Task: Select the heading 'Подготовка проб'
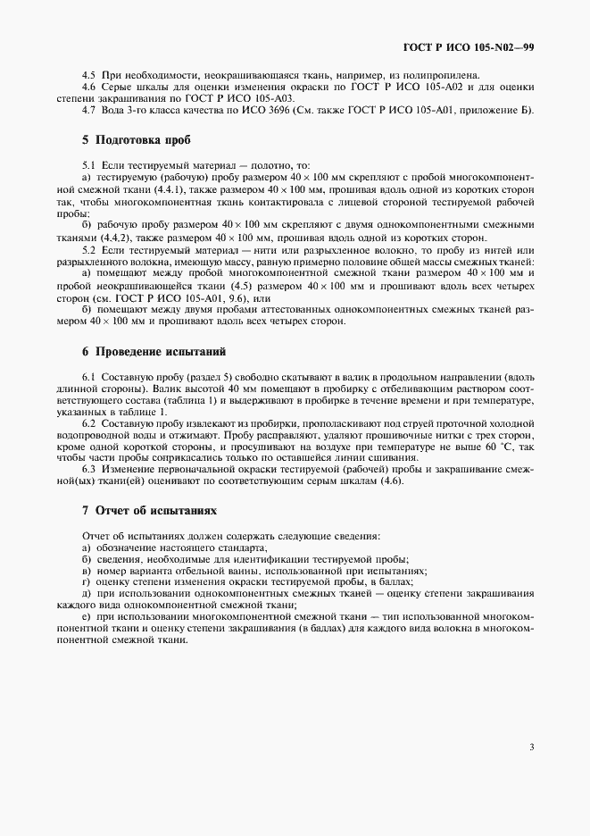pyautogui.click(x=136, y=140)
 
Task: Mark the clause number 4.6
pyautogui.click(x=88, y=88)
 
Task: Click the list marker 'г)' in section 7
pyautogui.click(x=85, y=581)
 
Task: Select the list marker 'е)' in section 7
pyautogui.click(x=85, y=617)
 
